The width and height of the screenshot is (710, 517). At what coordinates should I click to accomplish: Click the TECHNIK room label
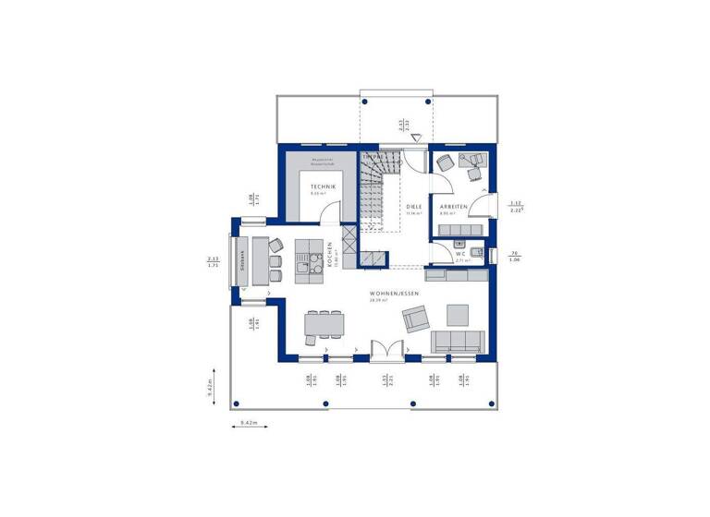pos(323,187)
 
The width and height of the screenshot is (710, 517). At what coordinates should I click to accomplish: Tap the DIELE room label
pos(413,207)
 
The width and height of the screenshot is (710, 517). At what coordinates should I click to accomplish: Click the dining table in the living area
pos(324,323)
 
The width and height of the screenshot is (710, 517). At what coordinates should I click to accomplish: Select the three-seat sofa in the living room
pos(459,341)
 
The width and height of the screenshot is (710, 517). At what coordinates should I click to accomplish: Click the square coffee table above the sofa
pos(459,312)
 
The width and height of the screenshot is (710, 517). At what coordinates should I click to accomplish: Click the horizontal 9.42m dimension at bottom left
pos(247,423)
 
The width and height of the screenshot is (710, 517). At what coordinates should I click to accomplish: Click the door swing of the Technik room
pos(328,212)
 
